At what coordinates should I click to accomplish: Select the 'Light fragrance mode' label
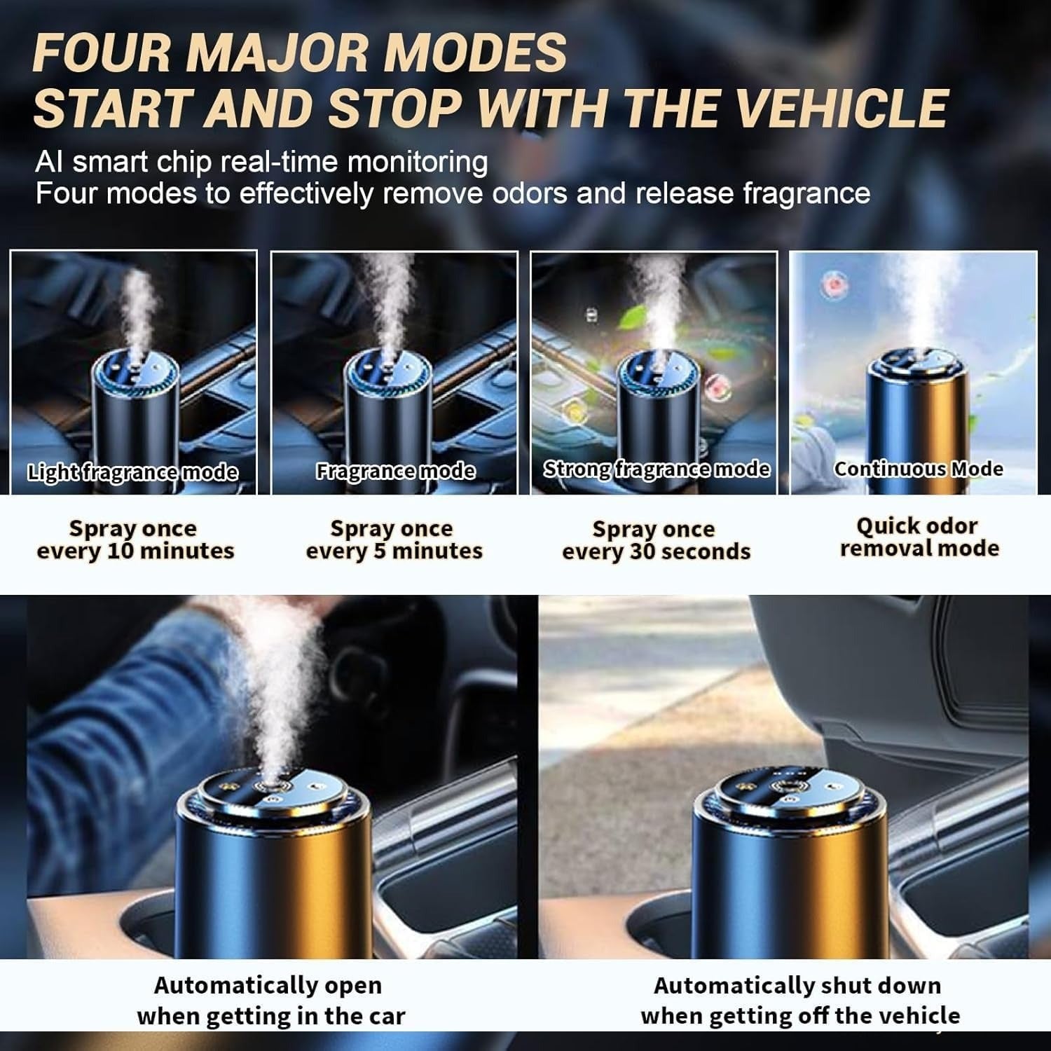[x=133, y=472]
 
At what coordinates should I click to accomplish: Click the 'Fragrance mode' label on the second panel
[x=395, y=471]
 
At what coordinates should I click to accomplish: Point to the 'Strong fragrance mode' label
[x=657, y=469]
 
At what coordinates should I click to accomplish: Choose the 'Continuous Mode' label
[x=918, y=469]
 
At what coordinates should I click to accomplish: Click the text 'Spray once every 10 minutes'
[x=135, y=540]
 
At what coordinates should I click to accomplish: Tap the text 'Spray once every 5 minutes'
[x=394, y=540]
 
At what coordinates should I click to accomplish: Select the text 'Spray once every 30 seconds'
[x=656, y=540]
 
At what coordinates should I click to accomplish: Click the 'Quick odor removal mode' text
[x=919, y=537]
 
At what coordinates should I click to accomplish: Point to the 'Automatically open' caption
[x=268, y=985]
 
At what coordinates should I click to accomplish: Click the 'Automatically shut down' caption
[x=797, y=985]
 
